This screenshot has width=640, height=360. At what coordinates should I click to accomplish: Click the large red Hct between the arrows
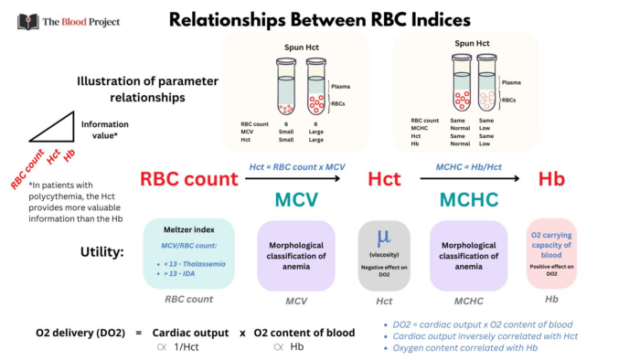[x=384, y=180]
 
